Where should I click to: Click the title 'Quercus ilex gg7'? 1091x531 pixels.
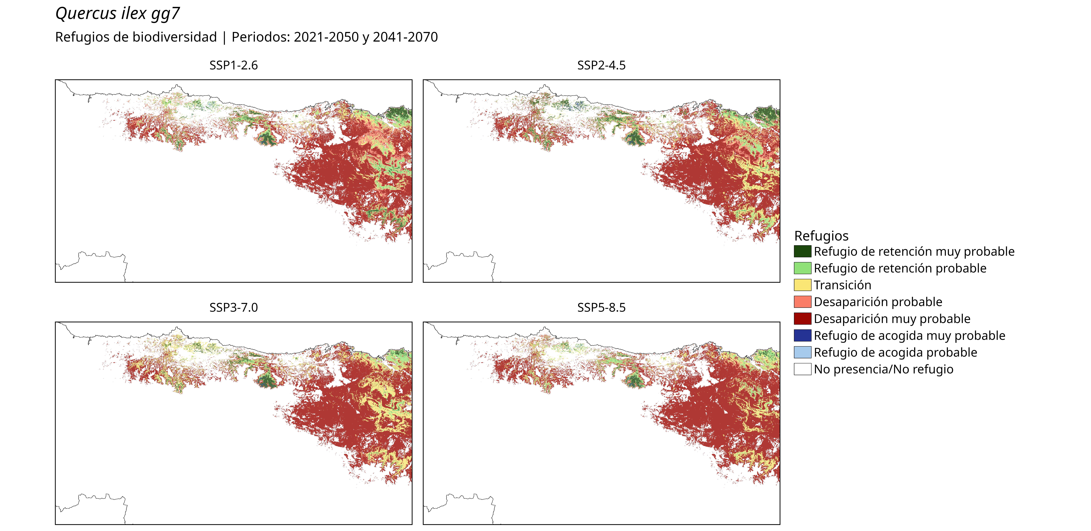tap(118, 14)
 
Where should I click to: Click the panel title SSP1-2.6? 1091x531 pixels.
tap(233, 65)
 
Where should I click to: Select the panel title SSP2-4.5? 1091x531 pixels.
tap(601, 65)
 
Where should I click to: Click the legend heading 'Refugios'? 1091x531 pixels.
tap(821, 236)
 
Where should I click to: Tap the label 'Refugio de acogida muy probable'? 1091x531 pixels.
tap(909, 336)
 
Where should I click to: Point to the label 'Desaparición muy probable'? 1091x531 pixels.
tap(892, 319)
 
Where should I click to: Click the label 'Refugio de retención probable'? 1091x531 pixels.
tap(900, 268)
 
